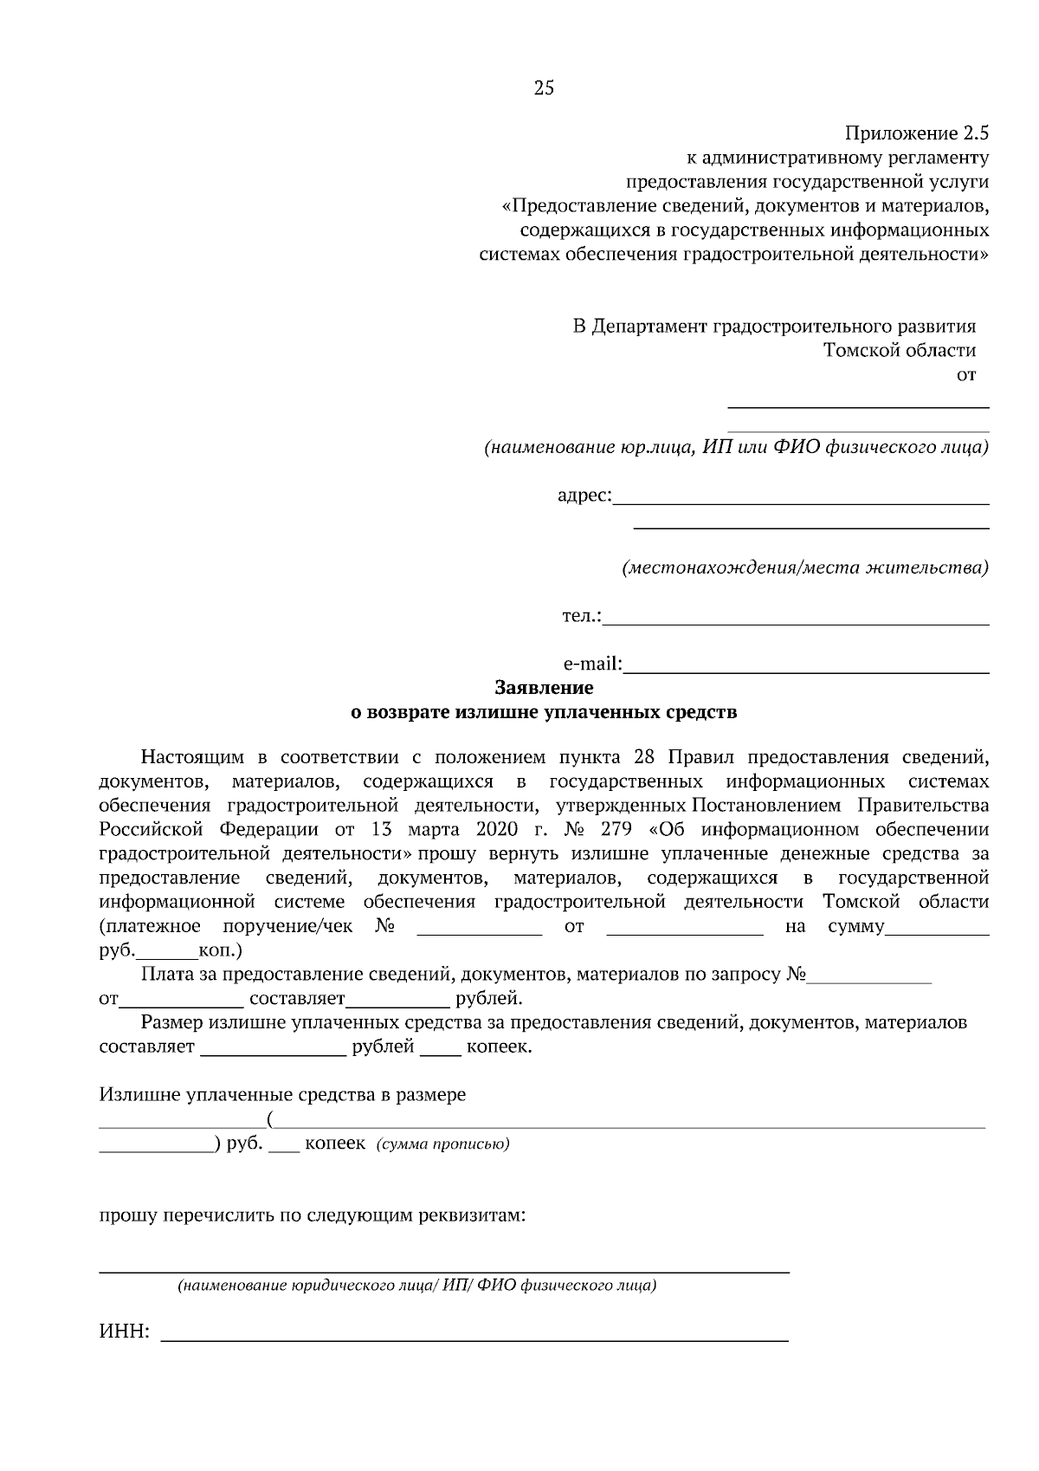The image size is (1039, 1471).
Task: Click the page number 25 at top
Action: (544, 87)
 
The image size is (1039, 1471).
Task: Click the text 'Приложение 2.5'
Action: (916, 133)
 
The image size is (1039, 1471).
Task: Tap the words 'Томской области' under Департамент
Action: (899, 351)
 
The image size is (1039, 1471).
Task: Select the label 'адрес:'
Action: (584, 496)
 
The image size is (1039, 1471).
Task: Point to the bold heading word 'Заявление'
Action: (544, 688)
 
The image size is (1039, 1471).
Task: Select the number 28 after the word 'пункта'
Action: (643, 756)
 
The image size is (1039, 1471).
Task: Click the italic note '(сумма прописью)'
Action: (442, 1144)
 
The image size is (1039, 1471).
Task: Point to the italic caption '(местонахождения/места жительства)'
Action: (805, 568)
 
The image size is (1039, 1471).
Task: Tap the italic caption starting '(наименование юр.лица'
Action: (736, 448)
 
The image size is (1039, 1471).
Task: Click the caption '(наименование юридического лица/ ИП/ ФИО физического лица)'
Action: (416, 1286)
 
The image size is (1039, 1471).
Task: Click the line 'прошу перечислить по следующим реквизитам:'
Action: (313, 1215)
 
